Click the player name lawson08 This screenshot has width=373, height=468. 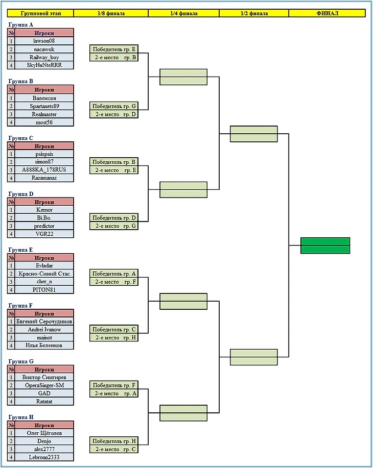[44, 41]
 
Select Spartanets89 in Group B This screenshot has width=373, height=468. [44, 106]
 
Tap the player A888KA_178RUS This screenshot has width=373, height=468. [44, 170]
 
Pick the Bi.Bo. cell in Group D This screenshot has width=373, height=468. [44, 218]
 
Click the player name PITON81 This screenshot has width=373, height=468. [44, 289]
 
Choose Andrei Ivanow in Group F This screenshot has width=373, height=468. [44, 330]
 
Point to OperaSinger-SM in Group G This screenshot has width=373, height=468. [44, 385]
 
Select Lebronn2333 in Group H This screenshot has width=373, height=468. [44, 457]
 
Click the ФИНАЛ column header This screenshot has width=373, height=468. [327, 13]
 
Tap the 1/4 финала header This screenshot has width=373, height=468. [183, 13]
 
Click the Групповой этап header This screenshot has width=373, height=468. [40, 13]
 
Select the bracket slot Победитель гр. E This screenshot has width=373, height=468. [114, 50]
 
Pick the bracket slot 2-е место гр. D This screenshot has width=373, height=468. [114, 114]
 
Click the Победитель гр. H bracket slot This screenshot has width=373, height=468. [114, 441]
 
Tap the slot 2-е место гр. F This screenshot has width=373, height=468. [114, 282]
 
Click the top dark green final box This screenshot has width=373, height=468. [325, 241]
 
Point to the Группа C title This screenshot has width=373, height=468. [21, 138]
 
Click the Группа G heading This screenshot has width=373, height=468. [21, 361]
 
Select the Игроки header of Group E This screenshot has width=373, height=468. [44, 258]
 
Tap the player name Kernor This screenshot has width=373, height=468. [44, 210]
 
